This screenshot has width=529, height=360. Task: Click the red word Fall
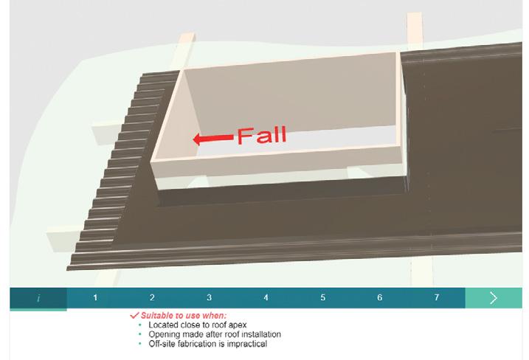point(260,136)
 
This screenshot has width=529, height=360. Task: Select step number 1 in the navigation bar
point(95,298)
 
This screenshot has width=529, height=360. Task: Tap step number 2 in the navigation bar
point(152,298)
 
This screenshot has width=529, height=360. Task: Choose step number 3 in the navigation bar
point(209,298)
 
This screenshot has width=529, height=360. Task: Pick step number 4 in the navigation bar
point(266,298)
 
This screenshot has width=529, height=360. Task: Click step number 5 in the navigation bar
point(322,298)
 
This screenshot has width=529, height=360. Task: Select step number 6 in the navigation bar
point(379,298)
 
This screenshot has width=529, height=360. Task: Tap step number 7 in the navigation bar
point(436,298)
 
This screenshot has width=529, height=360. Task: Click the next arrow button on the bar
point(494,298)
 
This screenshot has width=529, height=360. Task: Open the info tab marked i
point(38,298)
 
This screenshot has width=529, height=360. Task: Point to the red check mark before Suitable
point(134,316)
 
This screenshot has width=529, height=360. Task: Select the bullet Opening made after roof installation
point(214,334)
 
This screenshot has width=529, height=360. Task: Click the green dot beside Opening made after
point(139,335)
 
